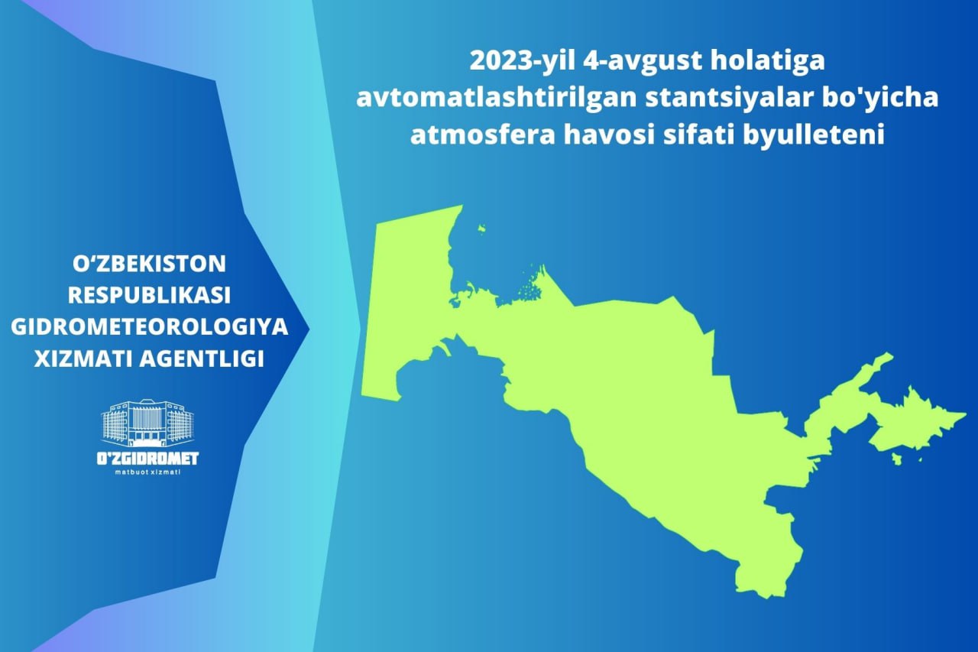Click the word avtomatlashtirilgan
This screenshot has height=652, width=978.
click(x=496, y=97)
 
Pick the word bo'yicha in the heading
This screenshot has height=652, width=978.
click(x=886, y=97)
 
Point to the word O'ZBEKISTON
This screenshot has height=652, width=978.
click(x=149, y=264)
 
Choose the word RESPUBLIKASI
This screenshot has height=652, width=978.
click(x=149, y=296)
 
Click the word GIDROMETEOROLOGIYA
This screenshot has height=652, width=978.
click(x=149, y=327)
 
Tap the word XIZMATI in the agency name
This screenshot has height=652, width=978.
click(x=82, y=359)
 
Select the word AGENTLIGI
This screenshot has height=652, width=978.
click(x=202, y=359)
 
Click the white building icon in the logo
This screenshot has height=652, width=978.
click(x=147, y=423)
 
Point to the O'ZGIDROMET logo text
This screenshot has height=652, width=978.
click(x=147, y=458)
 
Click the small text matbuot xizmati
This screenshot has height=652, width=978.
click(x=147, y=472)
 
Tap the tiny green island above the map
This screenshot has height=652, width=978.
click(x=481, y=229)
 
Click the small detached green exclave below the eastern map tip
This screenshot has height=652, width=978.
click(x=897, y=459)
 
